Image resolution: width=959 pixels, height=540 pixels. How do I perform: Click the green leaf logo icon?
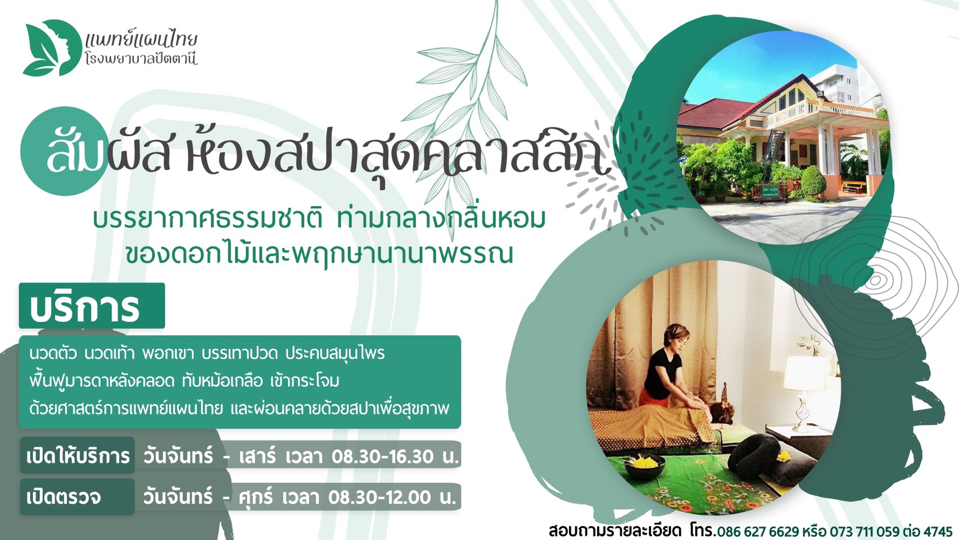click(52, 48)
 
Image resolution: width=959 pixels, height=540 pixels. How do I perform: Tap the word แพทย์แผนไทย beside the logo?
click(141, 40)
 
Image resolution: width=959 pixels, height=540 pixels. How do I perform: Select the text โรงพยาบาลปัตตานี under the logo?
click(141, 59)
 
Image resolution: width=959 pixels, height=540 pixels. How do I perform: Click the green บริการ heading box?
click(92, 305)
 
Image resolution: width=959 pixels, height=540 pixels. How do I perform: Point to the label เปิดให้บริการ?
click(78, 456)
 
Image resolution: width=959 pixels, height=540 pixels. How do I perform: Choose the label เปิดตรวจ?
click(64, 497)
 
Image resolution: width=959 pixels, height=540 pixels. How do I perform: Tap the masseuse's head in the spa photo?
click(677, 337)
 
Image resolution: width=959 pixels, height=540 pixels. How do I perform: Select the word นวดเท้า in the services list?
click(110, 354)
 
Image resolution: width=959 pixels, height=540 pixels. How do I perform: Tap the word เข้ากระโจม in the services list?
click(305, 381)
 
